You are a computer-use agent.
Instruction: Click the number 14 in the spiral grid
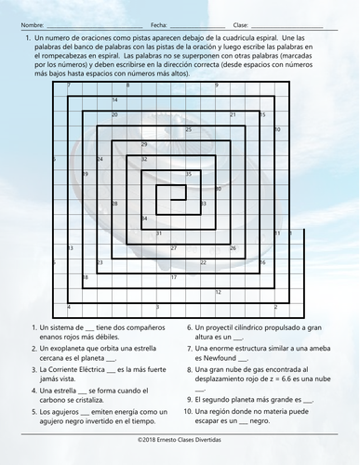point(114,100)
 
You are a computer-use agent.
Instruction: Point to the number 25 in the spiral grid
point(189,130)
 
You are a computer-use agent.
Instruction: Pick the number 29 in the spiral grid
point(144,145)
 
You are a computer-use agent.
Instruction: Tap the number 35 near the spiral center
point(189,174)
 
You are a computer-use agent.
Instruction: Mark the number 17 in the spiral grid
point(174,277)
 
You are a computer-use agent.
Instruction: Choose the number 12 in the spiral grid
point(219,292)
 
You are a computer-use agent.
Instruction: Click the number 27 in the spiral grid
point(174,248)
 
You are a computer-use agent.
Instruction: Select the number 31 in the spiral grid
point(159,233)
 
